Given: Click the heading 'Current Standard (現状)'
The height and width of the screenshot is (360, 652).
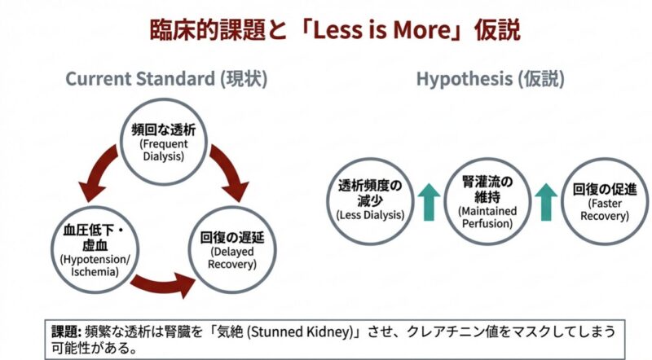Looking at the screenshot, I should [x=166, y=79].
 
